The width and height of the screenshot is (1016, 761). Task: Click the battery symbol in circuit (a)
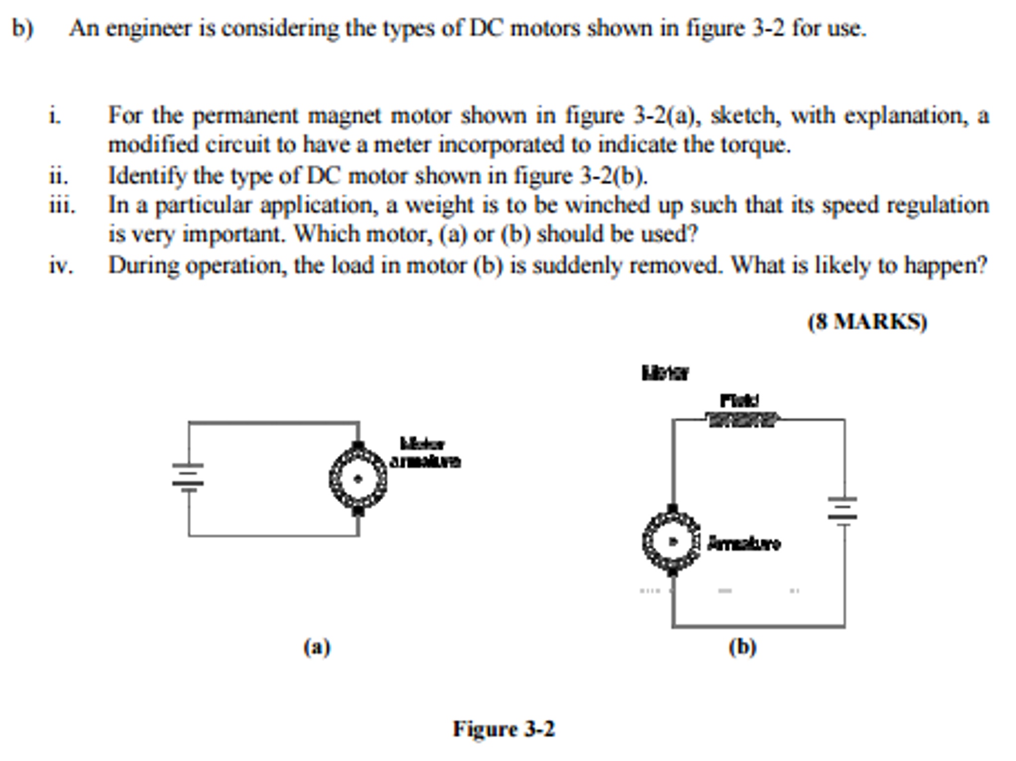pyautogui.click(x=188, y=477)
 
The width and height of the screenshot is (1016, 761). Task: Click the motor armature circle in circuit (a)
pyautogui.click(x=358, y=479)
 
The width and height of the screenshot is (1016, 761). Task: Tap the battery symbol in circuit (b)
pyautogui.click(x=842, y=509)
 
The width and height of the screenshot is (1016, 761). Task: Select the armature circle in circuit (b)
pyautogui.click(x=672, y=541)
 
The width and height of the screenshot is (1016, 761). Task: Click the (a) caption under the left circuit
pyautogui.click(x=317, y=647)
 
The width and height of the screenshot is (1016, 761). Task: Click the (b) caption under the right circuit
pyautogui.click(x=742, y=647)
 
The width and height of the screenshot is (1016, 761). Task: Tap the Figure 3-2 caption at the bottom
pyautogui.click(x=504, y=729)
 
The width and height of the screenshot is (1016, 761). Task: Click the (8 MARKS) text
pyautogui.click(x=867, y=321)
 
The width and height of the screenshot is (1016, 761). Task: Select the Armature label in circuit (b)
pyautogui.click(x=743, y=543)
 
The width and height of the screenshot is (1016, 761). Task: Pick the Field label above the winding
pyautogui.click(x=739, y=400)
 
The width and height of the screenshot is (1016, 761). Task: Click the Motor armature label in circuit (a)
pyautogui.click(x=425, y=453)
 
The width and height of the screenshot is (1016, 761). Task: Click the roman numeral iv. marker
pyautogui.click(x=61, y=265)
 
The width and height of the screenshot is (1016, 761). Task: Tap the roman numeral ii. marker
pyautogui.click(x=59, y=176)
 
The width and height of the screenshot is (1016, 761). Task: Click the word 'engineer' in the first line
pyautogui.click(x=148, y=28)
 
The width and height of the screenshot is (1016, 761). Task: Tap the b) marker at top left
pyautogui.click(x=22, y=28)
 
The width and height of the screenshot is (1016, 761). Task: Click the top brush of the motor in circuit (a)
pyautogui.click(x=358, y=445)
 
